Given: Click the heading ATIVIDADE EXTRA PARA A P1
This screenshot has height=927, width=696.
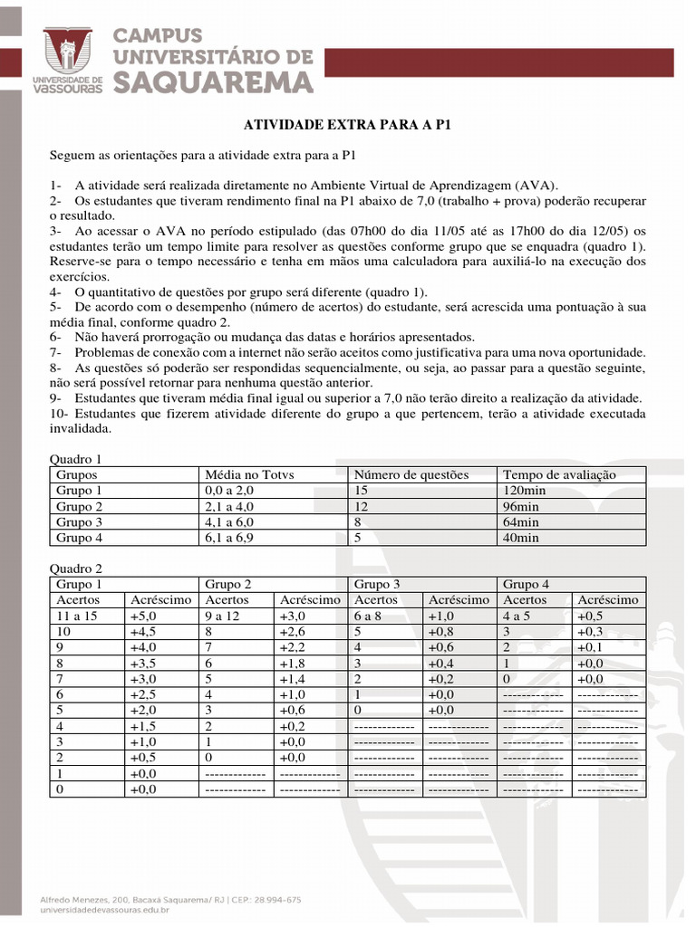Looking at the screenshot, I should click(348, 124).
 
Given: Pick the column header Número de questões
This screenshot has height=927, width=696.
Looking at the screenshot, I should click(411, 474).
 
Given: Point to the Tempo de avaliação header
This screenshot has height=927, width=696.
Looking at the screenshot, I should click(559, 474).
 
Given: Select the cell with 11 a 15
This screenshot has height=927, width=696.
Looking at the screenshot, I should click(77, 616).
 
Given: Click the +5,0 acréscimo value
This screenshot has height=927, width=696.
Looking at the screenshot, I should click(143, 616).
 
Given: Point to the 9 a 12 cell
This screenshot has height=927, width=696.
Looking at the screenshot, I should click(225, 616).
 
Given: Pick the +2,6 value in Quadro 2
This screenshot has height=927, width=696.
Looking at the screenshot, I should click(293, 631).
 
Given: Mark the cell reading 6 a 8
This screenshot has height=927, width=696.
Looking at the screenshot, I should click(370, 616).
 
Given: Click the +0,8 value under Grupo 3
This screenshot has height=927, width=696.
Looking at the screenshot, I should click(441, 631).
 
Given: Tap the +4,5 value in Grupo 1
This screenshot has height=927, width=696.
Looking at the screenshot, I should click(143, 631).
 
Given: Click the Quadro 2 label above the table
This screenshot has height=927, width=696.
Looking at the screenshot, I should click(76, 569).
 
